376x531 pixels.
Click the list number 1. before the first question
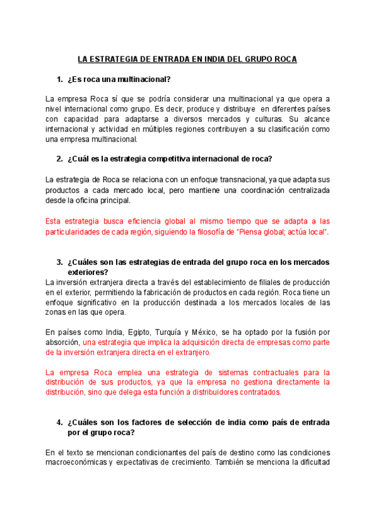tap(60, 80)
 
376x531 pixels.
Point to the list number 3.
tap(60, 262)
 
